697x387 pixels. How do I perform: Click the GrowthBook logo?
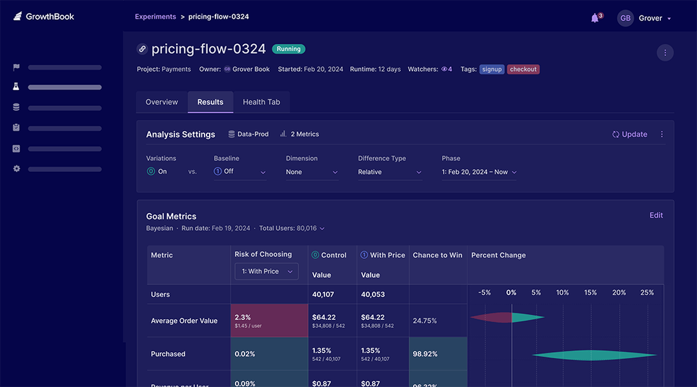coord(44,17)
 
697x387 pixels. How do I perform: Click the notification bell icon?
coord(595,18)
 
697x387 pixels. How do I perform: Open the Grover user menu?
coord(645,18)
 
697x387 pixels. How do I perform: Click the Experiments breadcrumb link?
coord(156,17)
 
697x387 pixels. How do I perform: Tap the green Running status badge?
coord(288,49)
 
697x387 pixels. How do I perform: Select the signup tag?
coord(492,69)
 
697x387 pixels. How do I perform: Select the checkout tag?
coord(523,69)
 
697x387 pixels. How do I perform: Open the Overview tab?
coord(162,102)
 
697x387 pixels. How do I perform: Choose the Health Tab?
coord(261,102)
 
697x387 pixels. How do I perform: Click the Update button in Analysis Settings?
coord(630,134)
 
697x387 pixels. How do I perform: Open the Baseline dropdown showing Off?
coord(240,172)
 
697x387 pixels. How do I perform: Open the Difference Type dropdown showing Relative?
coord(390,172)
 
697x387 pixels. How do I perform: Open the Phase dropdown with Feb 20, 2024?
coord(480,172)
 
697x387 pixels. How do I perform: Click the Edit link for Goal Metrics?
coord(656,216)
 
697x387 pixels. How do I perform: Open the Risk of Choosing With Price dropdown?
coord(267,271)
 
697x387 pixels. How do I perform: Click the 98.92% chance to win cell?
coord(438,354)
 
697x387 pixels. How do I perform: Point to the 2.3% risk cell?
coord(269,320)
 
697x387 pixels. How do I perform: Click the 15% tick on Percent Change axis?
coord(591,293)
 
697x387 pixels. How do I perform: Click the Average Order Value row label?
coord(184,321)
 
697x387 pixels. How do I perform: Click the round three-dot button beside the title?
coord(665,52)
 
